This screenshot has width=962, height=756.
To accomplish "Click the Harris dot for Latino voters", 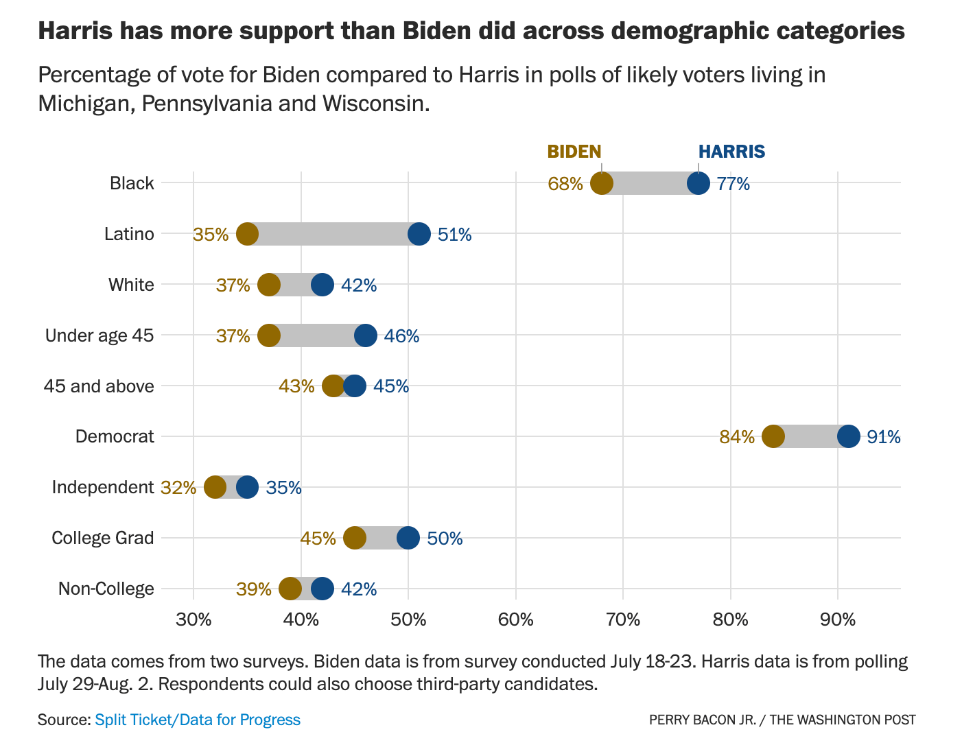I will tap(419, 234).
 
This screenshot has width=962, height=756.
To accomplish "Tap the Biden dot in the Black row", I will tap(602, 183).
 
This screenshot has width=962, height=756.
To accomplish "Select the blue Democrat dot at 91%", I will tap(849, 436).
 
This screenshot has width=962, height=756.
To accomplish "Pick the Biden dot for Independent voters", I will tap(215, 487).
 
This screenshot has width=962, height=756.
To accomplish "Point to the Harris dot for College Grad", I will tap(408, 538).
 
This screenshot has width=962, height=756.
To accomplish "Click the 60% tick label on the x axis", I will tap(516, 620).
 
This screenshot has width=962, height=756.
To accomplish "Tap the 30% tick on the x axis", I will tap(193, 620).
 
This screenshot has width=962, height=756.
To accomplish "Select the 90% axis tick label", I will tap(838, 620).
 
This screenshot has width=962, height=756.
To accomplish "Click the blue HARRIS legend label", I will tap(731, 152).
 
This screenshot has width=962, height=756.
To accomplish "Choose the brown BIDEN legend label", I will tap(574, 152).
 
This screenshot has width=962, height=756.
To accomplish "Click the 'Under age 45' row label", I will tap(99, 335).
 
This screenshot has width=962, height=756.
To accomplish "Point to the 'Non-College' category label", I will tap(106, 589).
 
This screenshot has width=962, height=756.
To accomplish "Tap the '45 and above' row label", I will tap(99, 386).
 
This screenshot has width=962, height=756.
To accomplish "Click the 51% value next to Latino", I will tap(455, 235).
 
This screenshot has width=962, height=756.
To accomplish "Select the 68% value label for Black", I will tap(565, 184).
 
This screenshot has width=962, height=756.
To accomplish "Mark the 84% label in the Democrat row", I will tap(737, 437).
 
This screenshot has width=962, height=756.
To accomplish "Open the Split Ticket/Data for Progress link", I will tap(198, 720).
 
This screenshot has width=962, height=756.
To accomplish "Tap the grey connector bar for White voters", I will tap(296, 285).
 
